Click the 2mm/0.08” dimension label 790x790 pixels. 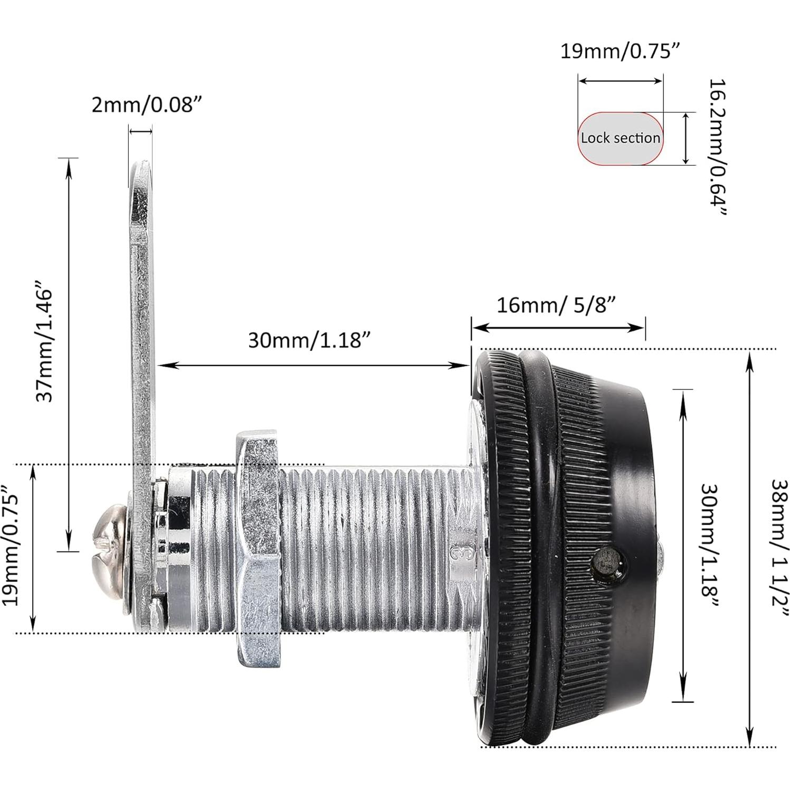(147, 105)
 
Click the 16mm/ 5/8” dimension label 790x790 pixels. (556, 304)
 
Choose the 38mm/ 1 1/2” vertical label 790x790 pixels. (779, 549)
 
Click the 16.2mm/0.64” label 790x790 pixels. (718, 148)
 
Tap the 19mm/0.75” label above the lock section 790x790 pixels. (620, 52)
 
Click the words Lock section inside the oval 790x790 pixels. (621, 138)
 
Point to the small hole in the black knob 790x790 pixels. (607, 564)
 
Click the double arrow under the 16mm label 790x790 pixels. (558, 327)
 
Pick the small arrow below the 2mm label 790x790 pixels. (140, 131)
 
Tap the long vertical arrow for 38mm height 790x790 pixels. (749, 549)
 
